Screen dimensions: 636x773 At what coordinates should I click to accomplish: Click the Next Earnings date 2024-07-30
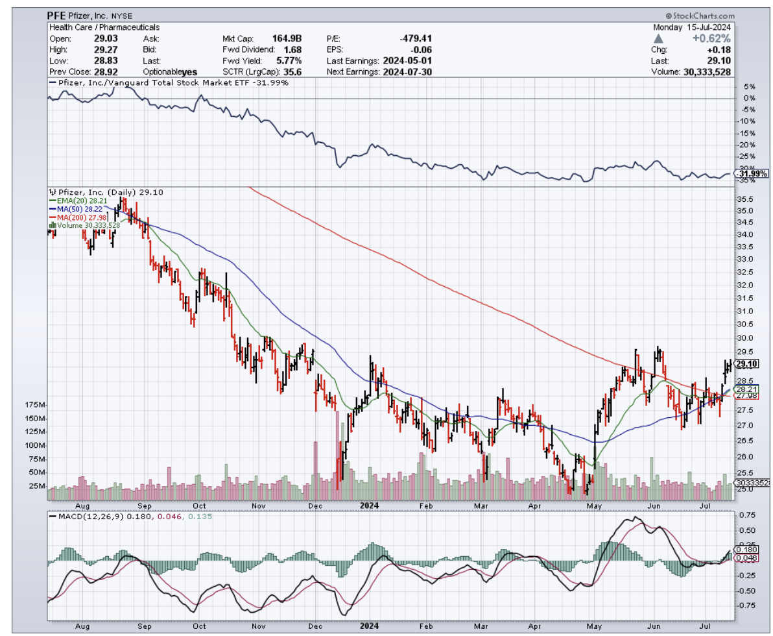pyautogui.click(x=405, y=71)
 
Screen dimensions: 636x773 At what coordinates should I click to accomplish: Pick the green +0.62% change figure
pyautogui.click(x=716, y=38)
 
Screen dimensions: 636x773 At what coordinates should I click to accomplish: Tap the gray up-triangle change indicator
pyautogui.click(x=658, y=38)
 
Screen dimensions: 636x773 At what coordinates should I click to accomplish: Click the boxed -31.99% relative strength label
pyautogui.click(x=752, y=173)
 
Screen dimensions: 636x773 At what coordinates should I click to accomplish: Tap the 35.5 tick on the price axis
pyautogui.click(x=746, y=199)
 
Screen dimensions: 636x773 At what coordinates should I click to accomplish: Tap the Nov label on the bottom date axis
pyautogui.click(x=258, y=628)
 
